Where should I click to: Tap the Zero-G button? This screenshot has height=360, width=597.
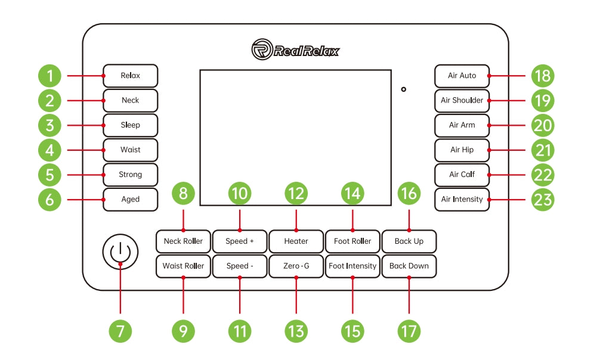pos(296,266)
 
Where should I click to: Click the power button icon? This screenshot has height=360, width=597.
pos(120,251)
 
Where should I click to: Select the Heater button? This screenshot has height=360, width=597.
pos(296,241)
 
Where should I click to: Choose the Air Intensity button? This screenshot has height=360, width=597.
pos(462,199)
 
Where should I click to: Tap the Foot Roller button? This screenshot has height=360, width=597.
pos(352,241)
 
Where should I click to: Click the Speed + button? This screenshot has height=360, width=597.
pos(240,241)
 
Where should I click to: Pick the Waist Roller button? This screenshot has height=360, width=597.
pos(183,266)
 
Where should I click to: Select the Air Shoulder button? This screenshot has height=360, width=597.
pos(462,100)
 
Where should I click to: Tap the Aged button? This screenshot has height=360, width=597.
pos(130,199)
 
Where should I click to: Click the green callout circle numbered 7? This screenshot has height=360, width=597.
pos(120,331)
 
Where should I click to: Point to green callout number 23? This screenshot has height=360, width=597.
pos(543,199)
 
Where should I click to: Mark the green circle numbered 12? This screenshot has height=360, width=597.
pos(296,193)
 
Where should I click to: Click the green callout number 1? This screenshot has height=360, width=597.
pos(50,76)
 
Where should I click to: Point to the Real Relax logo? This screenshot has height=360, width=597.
pos(295,50)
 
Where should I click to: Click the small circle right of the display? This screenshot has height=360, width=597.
pos(404,89)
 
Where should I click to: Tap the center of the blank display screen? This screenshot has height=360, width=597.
pos(295,138)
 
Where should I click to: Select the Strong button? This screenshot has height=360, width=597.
pos(130,175)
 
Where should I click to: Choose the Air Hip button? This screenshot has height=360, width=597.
pos(462,150)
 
